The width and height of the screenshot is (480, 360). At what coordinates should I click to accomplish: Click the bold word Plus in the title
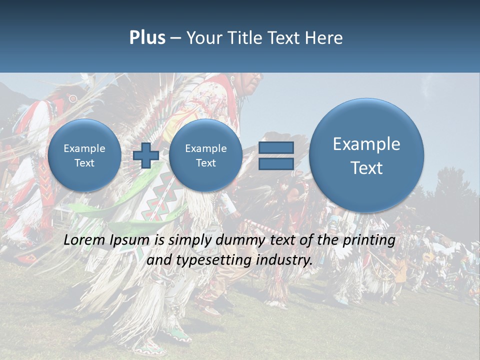[147, 38]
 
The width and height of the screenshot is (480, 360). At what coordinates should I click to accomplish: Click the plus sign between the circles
[145, 155]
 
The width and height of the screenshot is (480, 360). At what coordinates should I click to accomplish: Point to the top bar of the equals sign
[276, 147]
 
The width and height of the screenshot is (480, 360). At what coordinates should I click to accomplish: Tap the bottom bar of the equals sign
[276, 164]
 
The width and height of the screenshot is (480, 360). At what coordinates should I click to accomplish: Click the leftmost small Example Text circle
[84, 155]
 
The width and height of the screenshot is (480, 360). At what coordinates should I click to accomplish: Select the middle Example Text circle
[205, 155]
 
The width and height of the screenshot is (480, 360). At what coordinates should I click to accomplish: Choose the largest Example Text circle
[366, 155]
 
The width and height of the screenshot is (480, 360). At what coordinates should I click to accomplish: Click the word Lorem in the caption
[85, 240]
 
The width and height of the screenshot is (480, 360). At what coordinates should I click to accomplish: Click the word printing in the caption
[369, 240]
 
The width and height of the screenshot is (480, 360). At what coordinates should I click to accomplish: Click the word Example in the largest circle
[366, 144]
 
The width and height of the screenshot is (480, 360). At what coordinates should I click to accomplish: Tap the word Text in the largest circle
[366, 168]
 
